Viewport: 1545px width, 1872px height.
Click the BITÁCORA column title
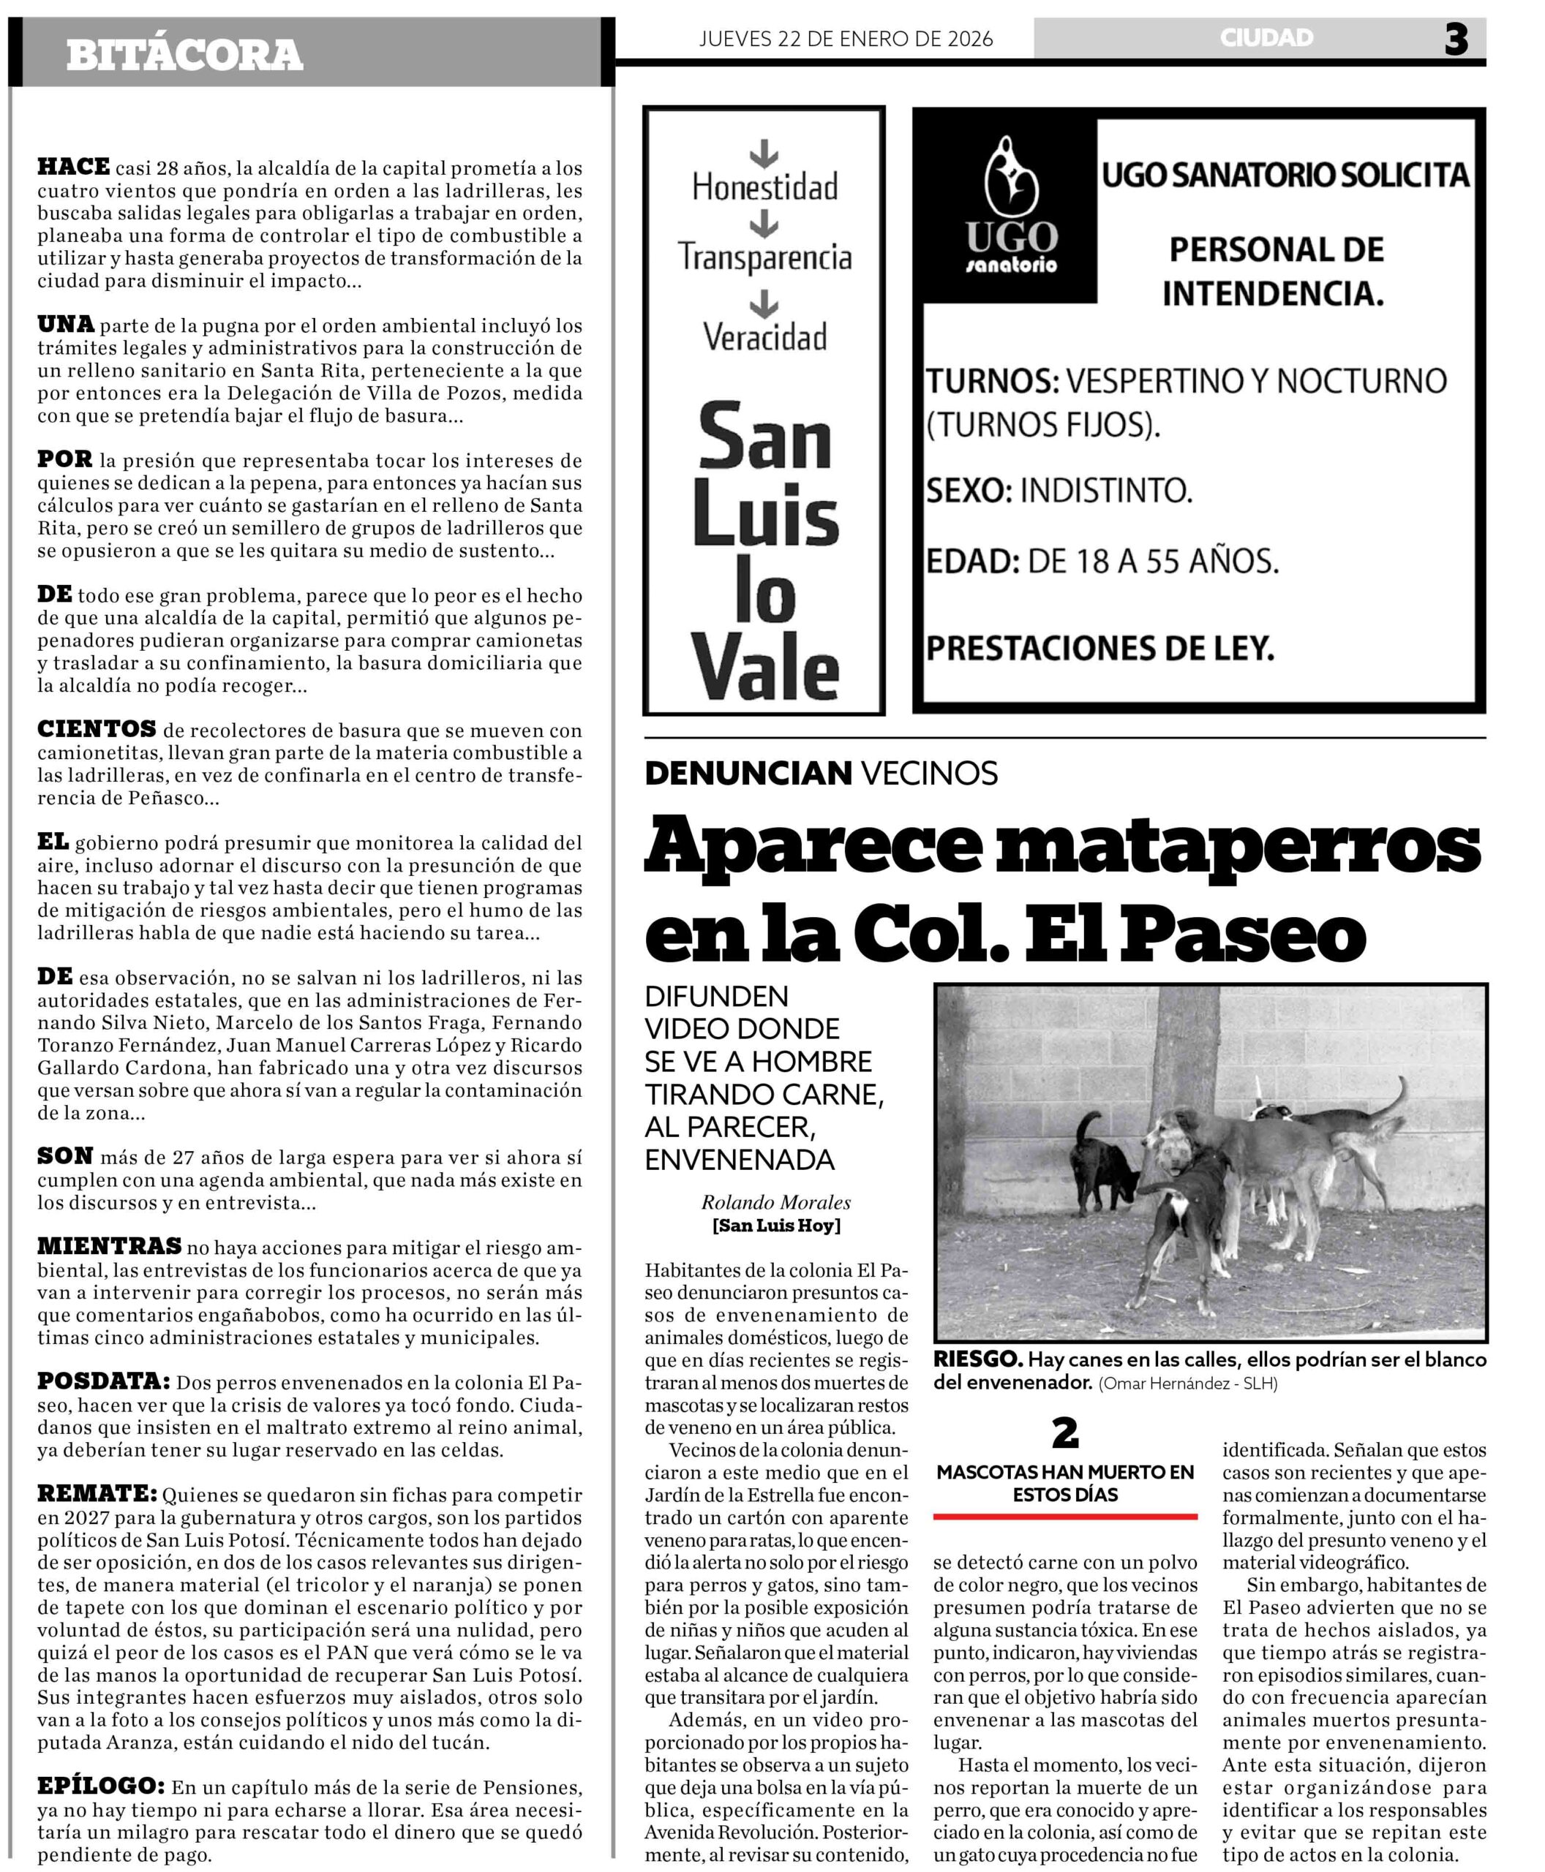pyautogui.click(x=184, y=55)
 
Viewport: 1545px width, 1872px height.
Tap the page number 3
pyautogui.click(x=1455, y=40)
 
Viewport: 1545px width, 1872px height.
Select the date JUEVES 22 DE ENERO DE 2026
pyautogui.click(x=846, y=39)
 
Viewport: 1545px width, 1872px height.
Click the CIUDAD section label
pyautogui.click(x=1266, y=37)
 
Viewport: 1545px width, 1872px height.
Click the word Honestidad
pyautogui.click(x=764, y=187)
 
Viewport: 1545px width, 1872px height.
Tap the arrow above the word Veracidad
pyautogui.click(x=764, y=304)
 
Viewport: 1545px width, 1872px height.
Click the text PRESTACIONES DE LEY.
pyautogui.click(x=1100, y=649)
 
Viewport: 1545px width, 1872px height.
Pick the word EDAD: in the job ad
pyautogui.click(x=973, y=562)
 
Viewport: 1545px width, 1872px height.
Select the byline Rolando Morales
pyautogui.click(x=776, y=1203)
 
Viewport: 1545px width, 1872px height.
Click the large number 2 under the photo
pyautogui.click(x=1065, y=1433)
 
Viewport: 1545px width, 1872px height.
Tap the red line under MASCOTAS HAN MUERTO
pyautogui.click(x=1065, y=1516)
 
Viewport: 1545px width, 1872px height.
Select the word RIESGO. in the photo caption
pyautogui.click(x=977, y=1359)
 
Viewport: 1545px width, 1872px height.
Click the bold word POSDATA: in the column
pyautogui.click(x=103, y=1382)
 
